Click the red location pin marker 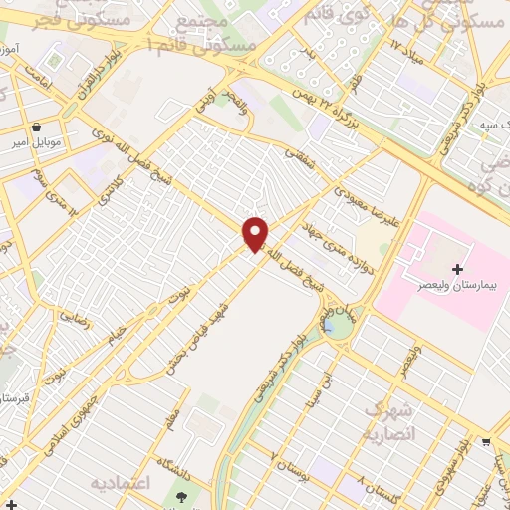pos(256,233)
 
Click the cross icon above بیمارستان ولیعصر pos(457,269)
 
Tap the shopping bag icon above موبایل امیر pos(37,127)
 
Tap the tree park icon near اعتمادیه pos(180,496)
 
